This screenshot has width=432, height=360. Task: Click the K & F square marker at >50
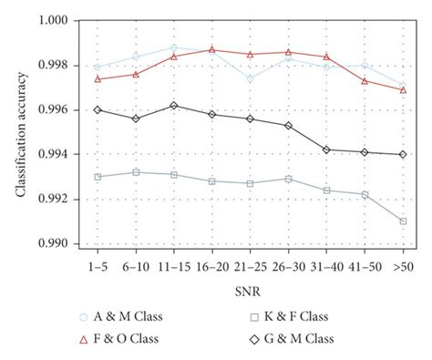[403, 221]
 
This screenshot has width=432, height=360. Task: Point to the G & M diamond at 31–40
[326, 149]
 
